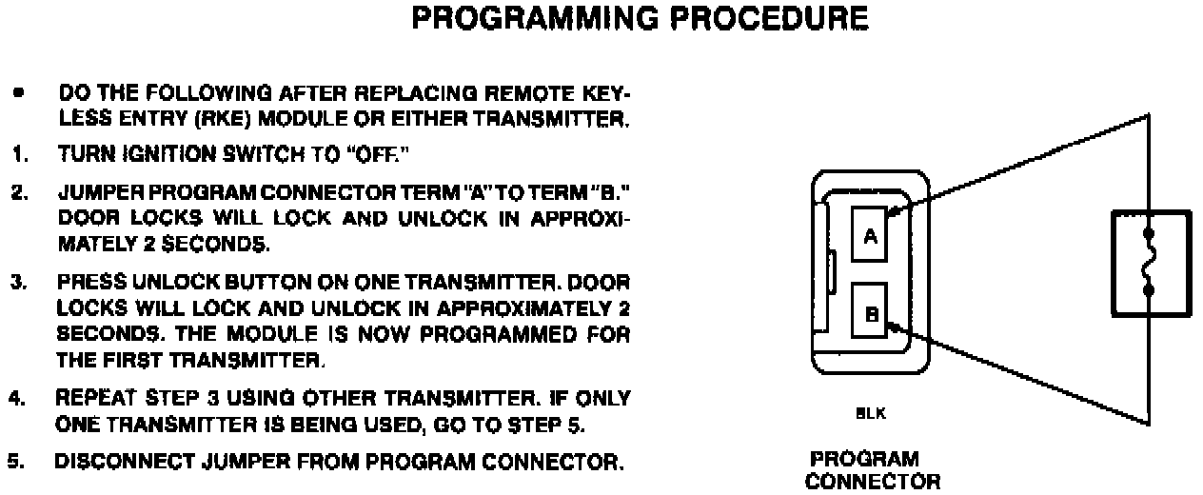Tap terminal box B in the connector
(869, 311)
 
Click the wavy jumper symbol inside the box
(1151, 262)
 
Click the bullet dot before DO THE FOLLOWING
(18, 95)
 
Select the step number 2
(17, 193)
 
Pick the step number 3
(17, 283)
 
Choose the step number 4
(17, 398)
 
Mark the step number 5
(15, 463)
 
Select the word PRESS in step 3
(83, 283)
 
